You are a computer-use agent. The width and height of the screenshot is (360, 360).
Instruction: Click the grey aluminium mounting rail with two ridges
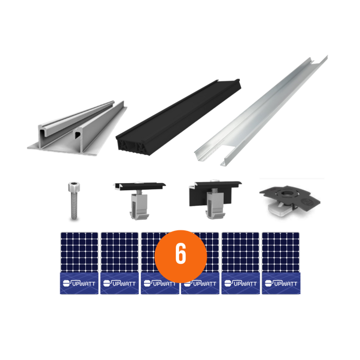77,129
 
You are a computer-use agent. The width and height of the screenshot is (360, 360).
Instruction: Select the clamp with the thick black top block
213,198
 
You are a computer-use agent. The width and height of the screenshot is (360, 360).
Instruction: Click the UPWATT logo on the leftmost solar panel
79,283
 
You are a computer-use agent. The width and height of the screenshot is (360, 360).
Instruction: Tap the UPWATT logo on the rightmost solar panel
281,283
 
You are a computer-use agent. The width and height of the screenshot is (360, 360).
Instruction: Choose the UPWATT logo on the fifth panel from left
240,283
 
